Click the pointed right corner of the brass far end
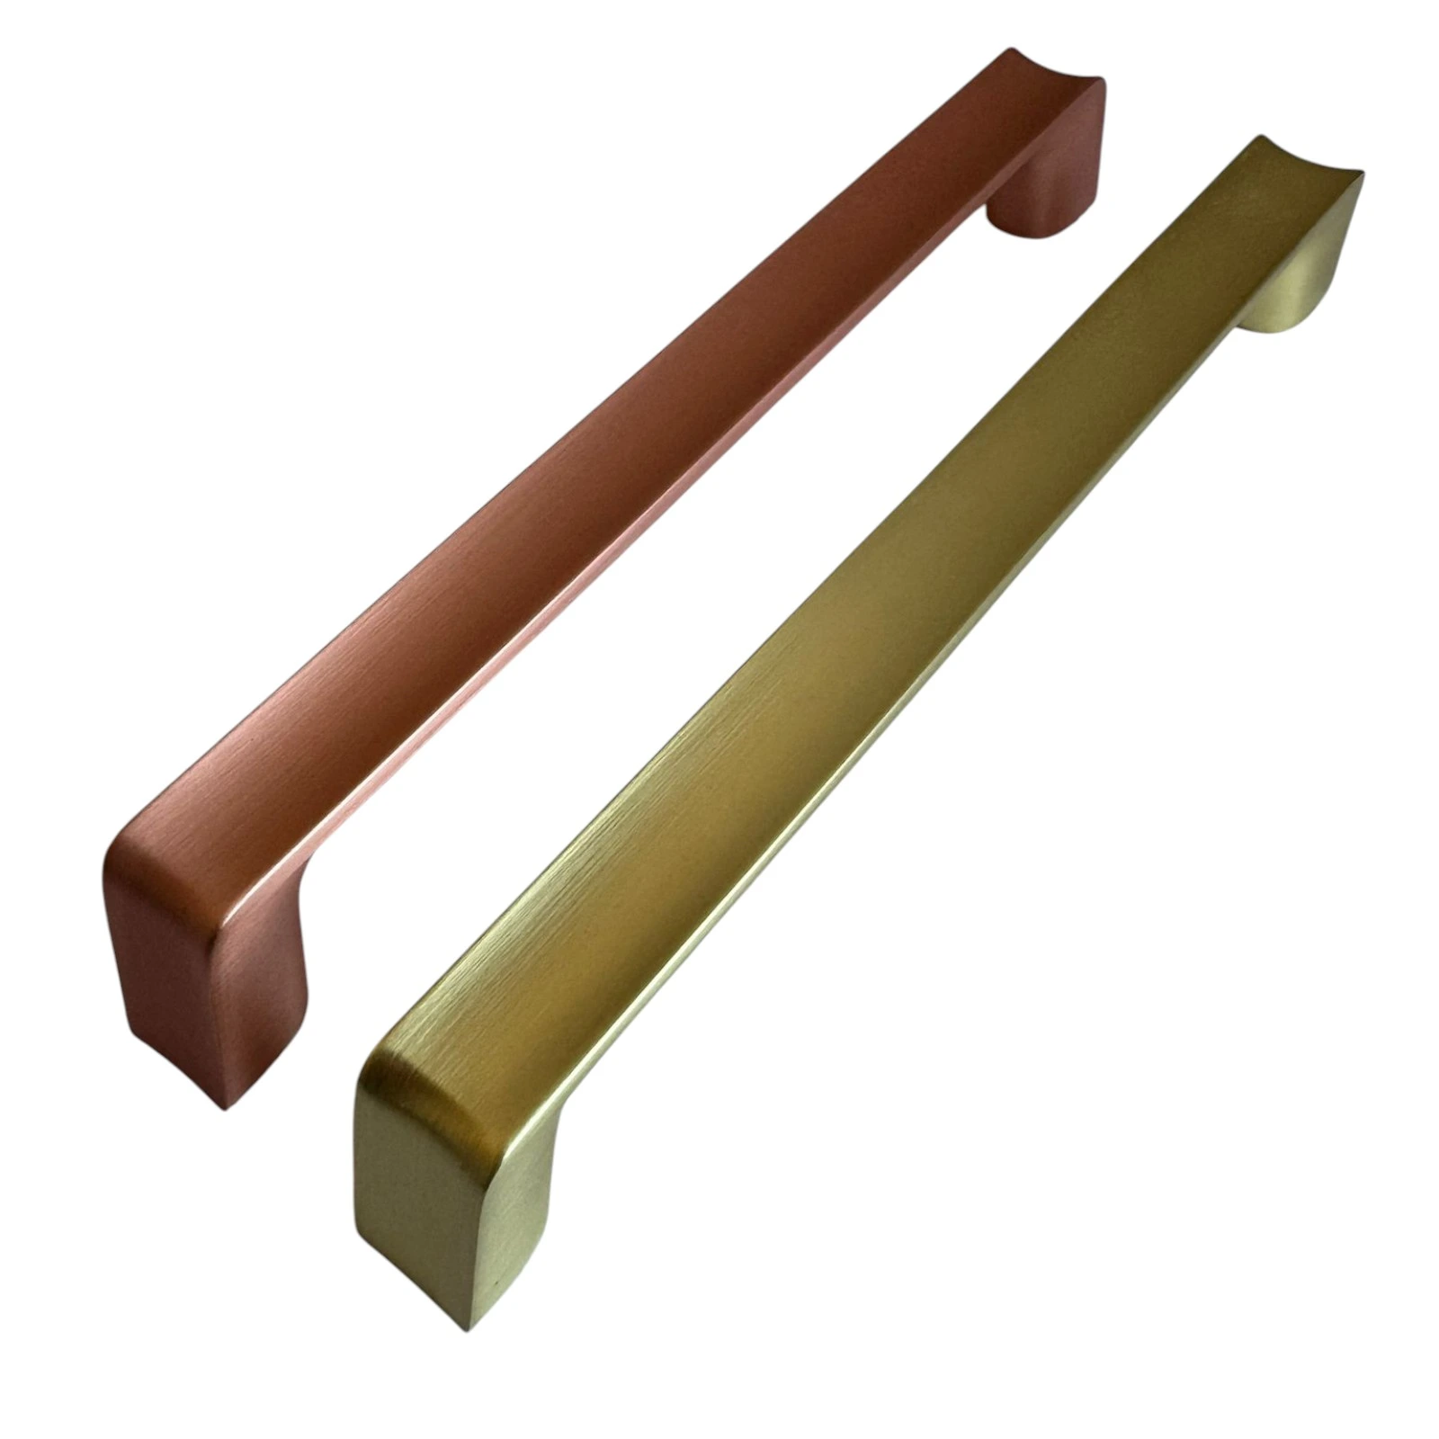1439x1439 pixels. pyautogui.click(x=1363, y=175)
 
